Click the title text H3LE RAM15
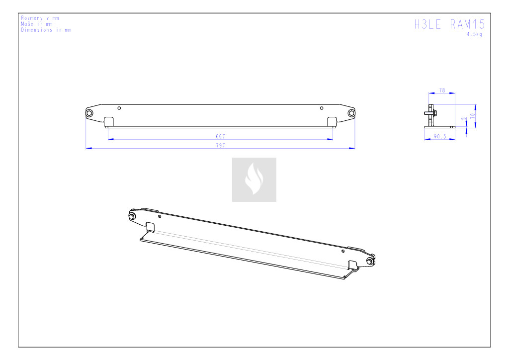pyautogui.click(x=449, y=24)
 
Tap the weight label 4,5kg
pyautogui.click(x=474, y=34)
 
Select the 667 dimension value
pyautogui.click(x=220, y=136)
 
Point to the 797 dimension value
pyautogui.click(x=220, y=145)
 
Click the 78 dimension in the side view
pyautogui.click(x=442, y=90)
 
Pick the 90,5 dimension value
pyautogui.click(x=440, y=137)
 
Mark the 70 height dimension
pyautogui.click(x=472, y=115)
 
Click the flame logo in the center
pyautogui.click(x=254, y=180)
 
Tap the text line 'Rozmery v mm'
pyautogui.click(x=40, y=18)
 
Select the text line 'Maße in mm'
pyautogui.click(x=37, y=24)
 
